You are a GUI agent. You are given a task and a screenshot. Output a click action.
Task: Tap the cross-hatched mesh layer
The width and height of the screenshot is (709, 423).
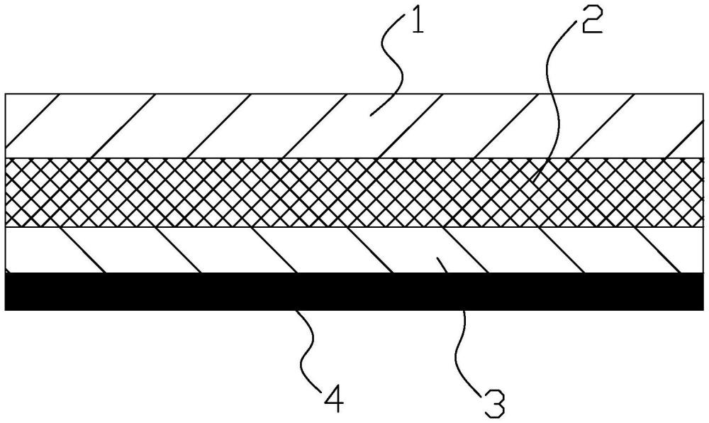(213, 192)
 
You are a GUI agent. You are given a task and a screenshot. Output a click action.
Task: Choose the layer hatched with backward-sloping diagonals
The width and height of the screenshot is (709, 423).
(213, 250)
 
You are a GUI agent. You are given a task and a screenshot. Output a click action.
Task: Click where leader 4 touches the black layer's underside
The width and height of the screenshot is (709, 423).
(297, 310)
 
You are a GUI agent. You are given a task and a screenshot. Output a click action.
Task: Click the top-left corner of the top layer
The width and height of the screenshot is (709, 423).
(5, 93)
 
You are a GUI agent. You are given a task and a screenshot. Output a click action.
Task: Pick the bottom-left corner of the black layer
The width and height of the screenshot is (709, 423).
(5, 309)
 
